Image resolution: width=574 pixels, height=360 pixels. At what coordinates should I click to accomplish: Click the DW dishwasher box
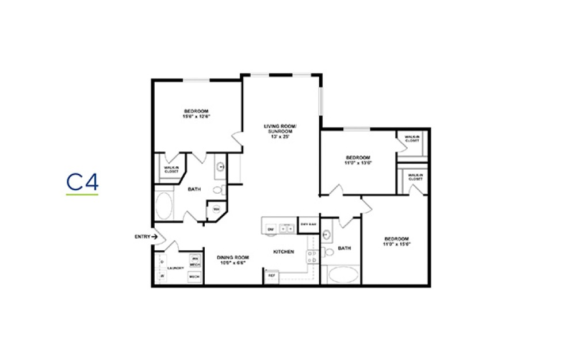(271, 229)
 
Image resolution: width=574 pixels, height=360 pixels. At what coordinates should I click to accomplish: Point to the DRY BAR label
(308, 224)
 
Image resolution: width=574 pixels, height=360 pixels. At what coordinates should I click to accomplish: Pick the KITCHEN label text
(284, 251)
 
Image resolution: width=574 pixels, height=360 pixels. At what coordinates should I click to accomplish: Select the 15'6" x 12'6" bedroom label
(196, 114)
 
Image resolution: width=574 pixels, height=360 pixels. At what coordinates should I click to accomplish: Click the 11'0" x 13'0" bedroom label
(358, 160)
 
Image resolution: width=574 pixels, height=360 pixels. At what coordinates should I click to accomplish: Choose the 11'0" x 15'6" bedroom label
(396, 241)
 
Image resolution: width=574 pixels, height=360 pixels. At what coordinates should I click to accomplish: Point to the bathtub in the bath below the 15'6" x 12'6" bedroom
(163, 205)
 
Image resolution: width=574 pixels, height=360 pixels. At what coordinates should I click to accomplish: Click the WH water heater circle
(217, 209)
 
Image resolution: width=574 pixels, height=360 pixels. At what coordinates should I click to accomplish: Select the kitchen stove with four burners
(312, 256)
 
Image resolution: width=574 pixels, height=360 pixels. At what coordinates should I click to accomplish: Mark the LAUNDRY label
(175, 268)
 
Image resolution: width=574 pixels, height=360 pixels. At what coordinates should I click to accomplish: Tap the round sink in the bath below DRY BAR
(326, 234)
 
